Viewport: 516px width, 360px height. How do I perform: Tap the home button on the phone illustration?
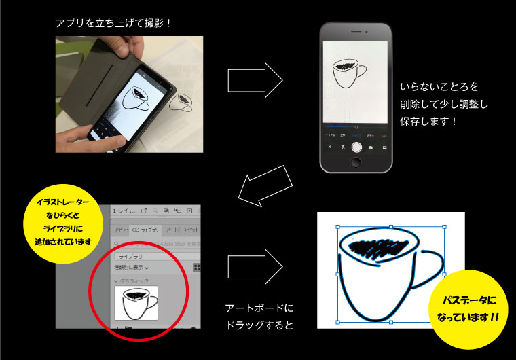(356, 163)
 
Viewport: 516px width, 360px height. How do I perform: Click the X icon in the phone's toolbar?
(330, 147)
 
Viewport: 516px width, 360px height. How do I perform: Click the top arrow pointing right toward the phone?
(255, 81)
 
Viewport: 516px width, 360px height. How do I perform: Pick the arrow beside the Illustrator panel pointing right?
(255, 263)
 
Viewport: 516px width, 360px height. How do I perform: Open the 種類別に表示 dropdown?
(132, 268)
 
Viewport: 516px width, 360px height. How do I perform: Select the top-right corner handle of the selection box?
(444, 227)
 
